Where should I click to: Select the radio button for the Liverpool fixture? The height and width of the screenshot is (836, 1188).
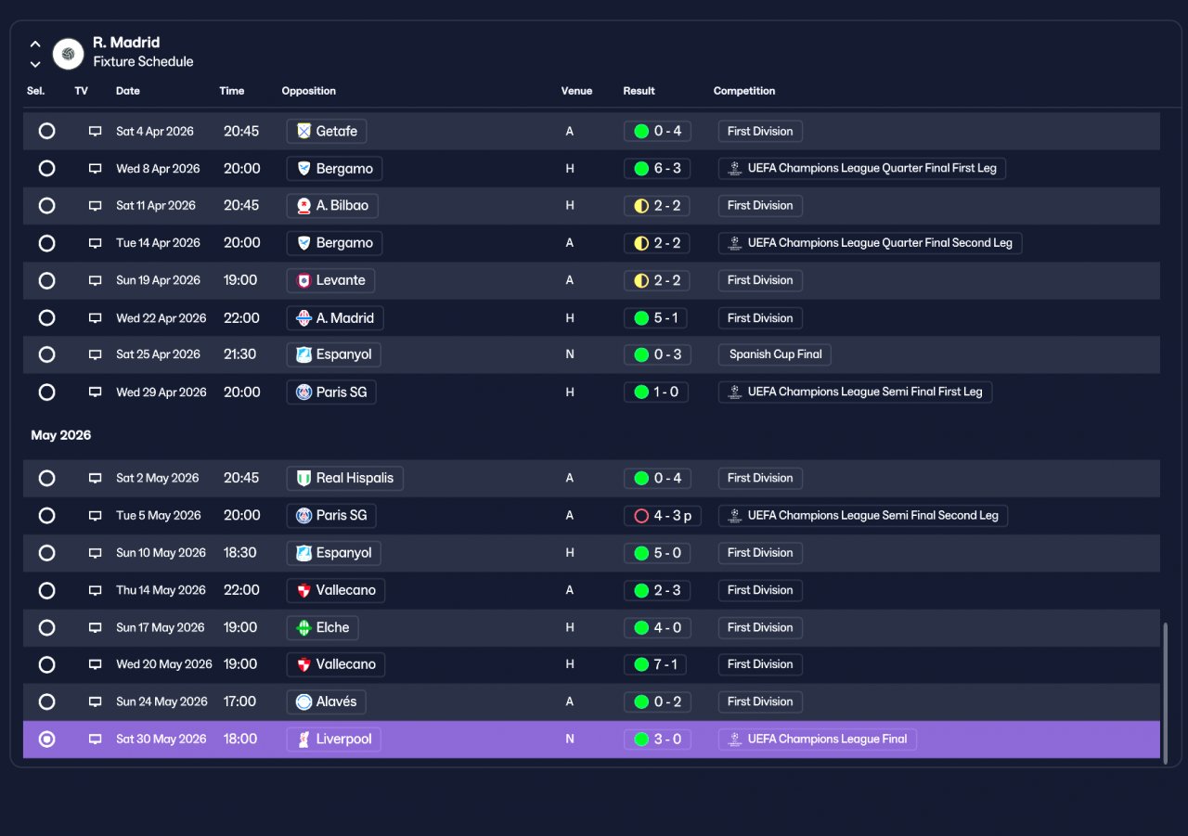click(x=46, y=739)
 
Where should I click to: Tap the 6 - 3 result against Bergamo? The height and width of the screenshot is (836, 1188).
click(x=657, y=169)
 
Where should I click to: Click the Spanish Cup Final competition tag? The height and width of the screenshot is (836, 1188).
click(x=774, y=354)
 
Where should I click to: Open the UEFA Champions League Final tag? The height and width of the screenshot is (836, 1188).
click(x=818, y=739)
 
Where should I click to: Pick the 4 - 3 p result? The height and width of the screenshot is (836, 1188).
click(x=663, y=515)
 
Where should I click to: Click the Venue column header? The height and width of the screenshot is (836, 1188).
click(x=576, y=91)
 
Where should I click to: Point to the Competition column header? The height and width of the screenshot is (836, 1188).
click(x=744, y=91)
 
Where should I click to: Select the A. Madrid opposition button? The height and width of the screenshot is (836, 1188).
click(x=335, y=318)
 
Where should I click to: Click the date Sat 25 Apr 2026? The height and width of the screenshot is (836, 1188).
click(x=158, y=354)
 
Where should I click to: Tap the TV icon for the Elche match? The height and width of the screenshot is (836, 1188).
click(x=95, y=627)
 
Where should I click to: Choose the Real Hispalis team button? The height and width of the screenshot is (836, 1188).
click(x=344, y=478)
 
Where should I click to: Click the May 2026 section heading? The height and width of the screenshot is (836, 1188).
click(x=61, y=435)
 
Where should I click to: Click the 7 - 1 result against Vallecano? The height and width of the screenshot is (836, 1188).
click(x=655, y=664)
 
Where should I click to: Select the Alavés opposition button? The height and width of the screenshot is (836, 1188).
click(x=326, y=701)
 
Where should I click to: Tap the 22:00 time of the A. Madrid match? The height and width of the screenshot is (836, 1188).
click(x=241, y=318)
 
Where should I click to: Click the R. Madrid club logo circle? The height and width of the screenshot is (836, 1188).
click(x=68, y=54)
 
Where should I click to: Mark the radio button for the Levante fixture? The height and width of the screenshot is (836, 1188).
click(x=46, y=280)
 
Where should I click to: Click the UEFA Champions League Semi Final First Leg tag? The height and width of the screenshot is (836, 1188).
click(x=855, y=392)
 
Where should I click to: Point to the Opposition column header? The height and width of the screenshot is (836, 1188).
click(x=309, y=91)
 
